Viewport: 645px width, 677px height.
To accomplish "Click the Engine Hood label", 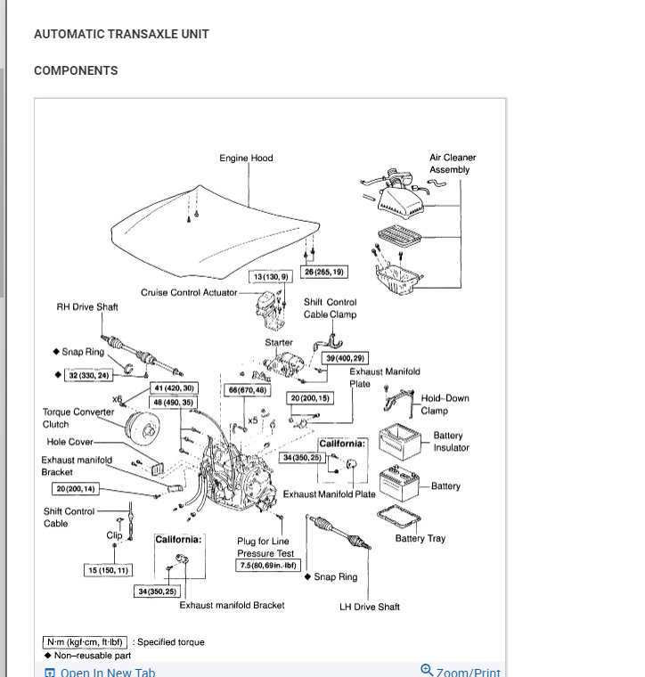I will (x=246, y=159).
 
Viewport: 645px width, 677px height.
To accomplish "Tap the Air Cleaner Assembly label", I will (x=453, y=164).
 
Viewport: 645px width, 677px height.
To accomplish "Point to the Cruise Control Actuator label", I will (x=189, y=292).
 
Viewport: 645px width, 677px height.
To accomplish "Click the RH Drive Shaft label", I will (x=87, y=307).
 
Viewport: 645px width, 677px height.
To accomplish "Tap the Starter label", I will (x=278, y=343).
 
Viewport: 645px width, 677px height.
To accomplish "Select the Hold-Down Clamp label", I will (x=445, y=404).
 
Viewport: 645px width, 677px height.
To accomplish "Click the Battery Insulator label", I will (x=451, y=442).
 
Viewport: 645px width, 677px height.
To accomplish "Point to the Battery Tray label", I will (x=420, y=539).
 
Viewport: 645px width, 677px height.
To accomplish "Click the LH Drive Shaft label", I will (x=370, y=608).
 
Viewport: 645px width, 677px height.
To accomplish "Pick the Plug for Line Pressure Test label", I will (x=265, y=547).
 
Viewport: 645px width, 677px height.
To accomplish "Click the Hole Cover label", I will (x=69, y=442).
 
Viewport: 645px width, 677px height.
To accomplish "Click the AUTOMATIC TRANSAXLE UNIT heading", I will (x=121, y=35).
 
